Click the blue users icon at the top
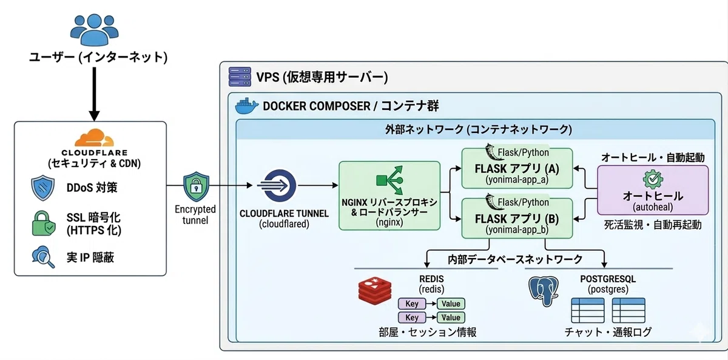(x=94, y=29)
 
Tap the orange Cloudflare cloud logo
(x=94, y=138)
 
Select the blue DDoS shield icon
(x=42, y=188)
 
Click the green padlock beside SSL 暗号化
(x=43, y=223)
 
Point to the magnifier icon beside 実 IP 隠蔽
(x=43, y=257)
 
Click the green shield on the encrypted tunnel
(x=196, y=186)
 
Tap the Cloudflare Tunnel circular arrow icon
(x=277, y=186)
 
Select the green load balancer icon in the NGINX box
(x=390, y=180)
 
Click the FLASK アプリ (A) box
(x=517, y=168)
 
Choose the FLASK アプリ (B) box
(x=517, y=218)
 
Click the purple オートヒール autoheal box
(x=653, y=190)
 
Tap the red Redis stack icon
(x=375, y=291)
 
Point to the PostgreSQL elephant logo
(x=544, y=291)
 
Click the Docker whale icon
(x=246, y=106)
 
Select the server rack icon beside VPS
(x=240, y=76)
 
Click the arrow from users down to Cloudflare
(x=94, y=94)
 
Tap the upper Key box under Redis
(x=412, y=304)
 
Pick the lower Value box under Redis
(x=451, y=318)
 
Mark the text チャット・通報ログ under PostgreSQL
(x=608, y=332)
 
